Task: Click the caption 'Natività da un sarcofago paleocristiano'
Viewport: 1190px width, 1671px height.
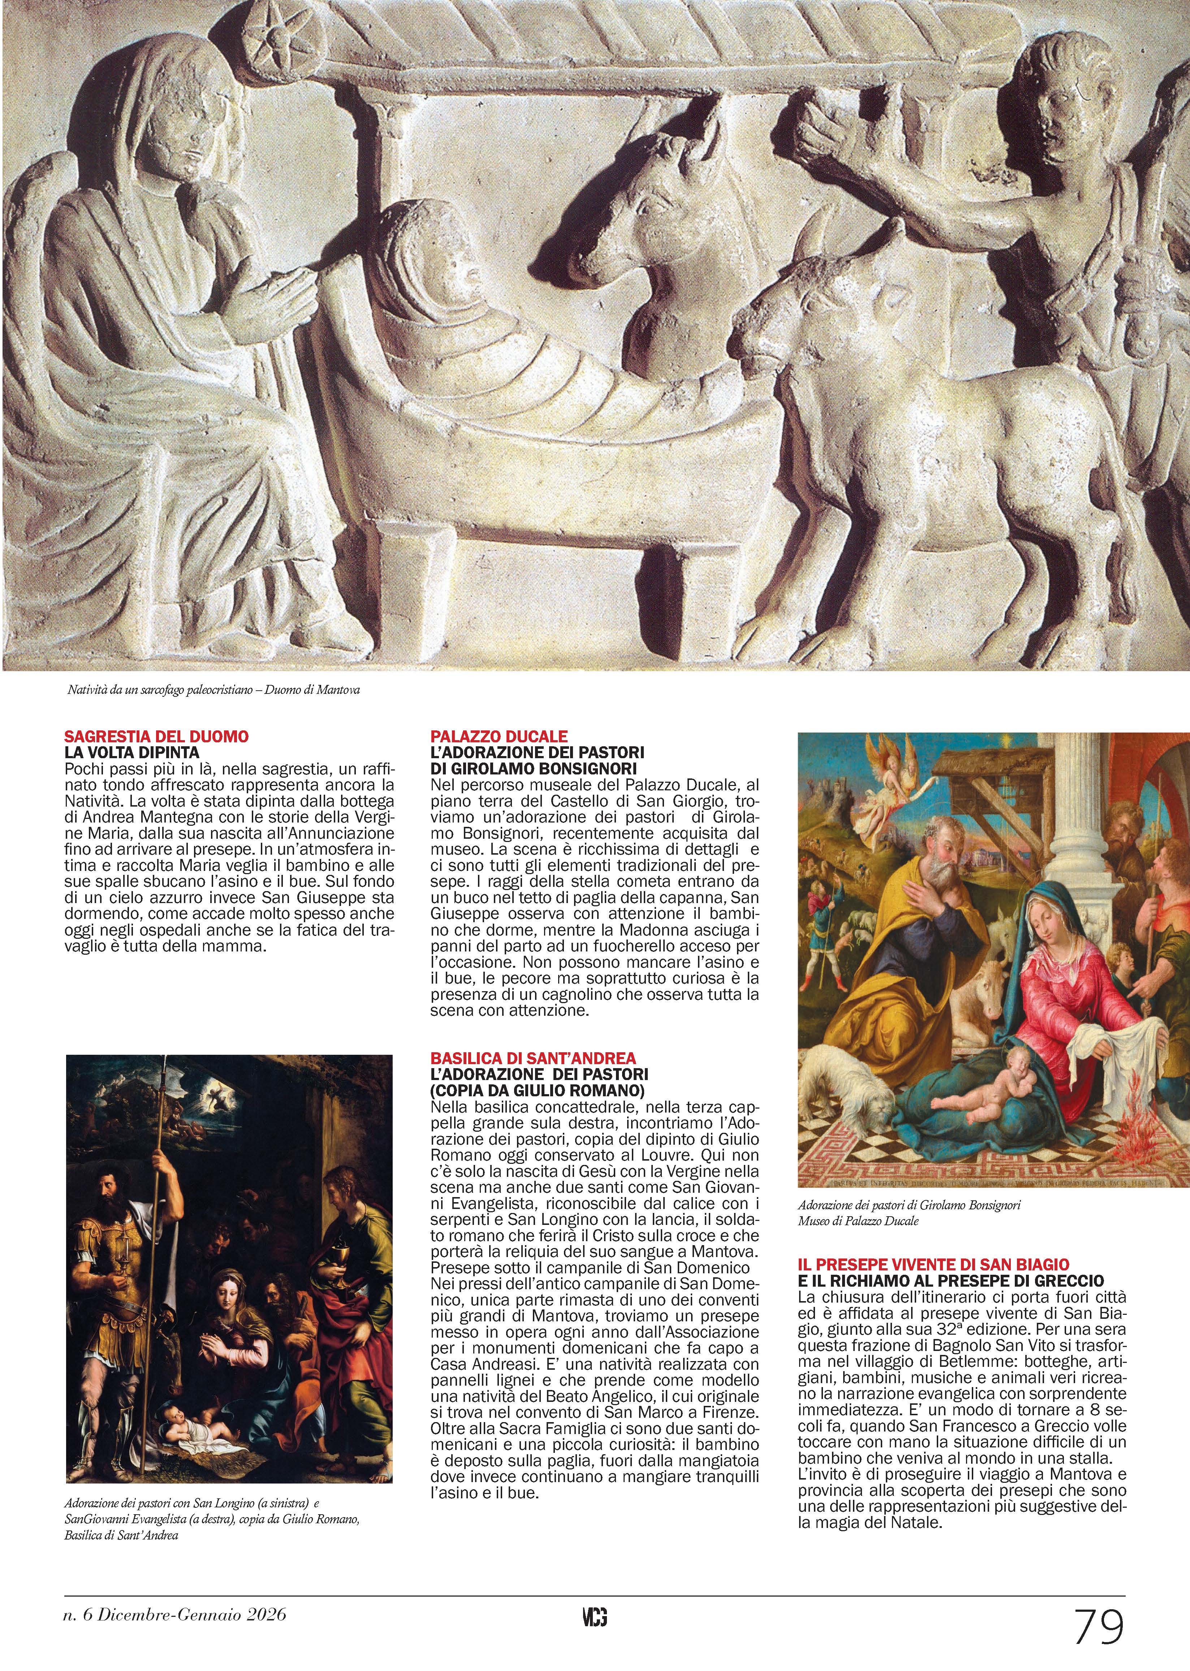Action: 212,690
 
